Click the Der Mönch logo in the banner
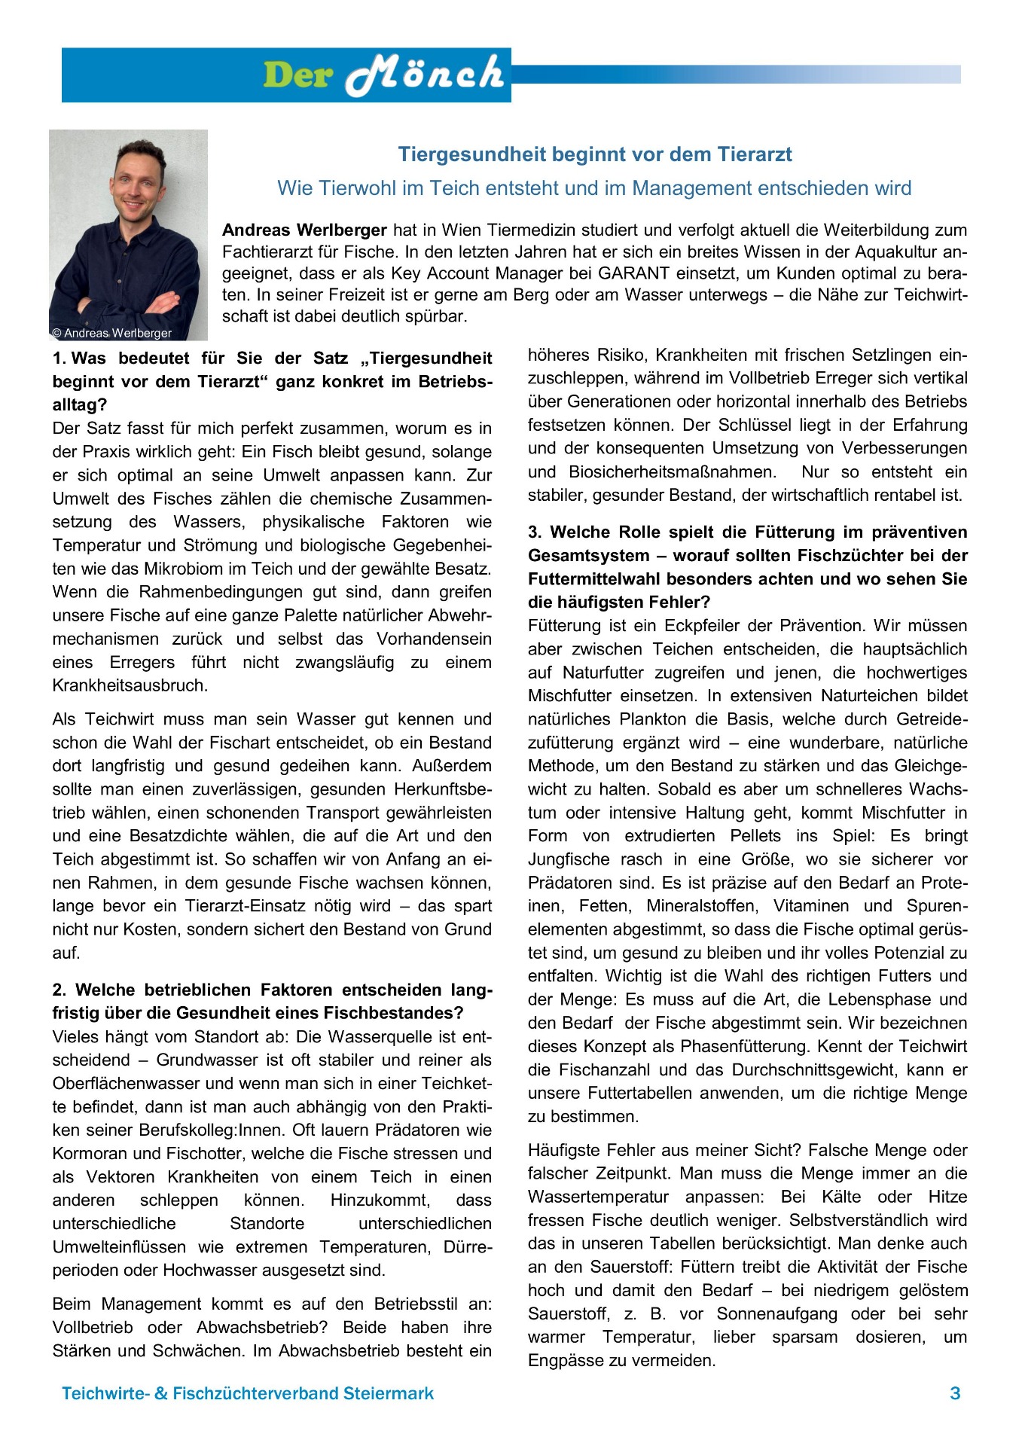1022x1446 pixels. (x=383, y=75)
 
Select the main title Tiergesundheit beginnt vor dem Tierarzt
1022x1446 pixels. (x=594, y=154)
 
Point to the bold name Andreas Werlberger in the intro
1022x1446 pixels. (x=304, y=230)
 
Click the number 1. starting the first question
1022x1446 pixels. (x=59, y=358)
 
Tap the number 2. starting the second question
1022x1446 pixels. (x=59, y=990)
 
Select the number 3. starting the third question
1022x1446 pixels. (x=535, y=532)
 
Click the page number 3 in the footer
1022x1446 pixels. (x=955, y=1393)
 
